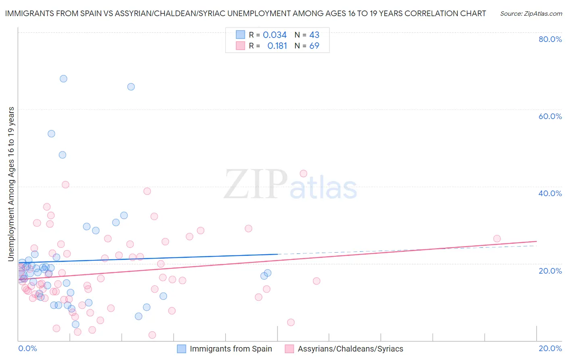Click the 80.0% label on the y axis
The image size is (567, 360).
click(x=550, y=39)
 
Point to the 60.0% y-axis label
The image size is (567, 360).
click(x=550, y=116)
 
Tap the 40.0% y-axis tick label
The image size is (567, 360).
click(x=550, y=193)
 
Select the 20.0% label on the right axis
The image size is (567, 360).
click(x=550, y=271)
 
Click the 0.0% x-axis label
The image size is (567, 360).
click(x=27, y=348)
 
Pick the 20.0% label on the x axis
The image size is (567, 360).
click(x=550, y=348)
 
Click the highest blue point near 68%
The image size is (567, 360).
click(x=63, y=79)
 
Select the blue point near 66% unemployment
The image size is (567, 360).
click(x=131, y=87)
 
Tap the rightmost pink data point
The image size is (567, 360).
click(x=497, y=239)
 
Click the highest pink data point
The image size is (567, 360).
click(x=303, y=174)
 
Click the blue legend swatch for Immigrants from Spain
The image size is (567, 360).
click(x=181, y=349)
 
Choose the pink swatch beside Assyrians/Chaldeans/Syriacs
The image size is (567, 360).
click(x=289, y=349)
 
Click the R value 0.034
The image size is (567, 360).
click(x=275, y=35)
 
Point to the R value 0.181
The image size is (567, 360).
click(x=277, y=46)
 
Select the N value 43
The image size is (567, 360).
click(x=314, y=35)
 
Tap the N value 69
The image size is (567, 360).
click(x=314, y=46)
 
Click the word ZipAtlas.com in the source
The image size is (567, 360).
click(x=542, y=14)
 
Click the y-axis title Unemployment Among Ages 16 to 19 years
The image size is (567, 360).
click(x=11, y=184)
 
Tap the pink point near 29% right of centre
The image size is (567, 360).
click(x=248, y=228)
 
